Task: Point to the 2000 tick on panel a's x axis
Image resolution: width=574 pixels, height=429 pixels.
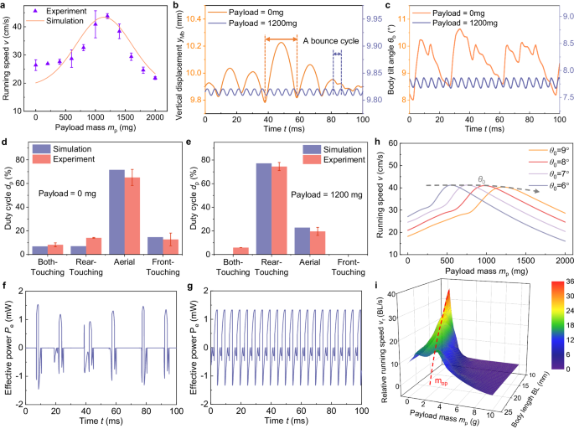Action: (x=154, y=118)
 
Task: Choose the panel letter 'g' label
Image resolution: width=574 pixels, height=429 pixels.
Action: (x=198, y=287)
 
